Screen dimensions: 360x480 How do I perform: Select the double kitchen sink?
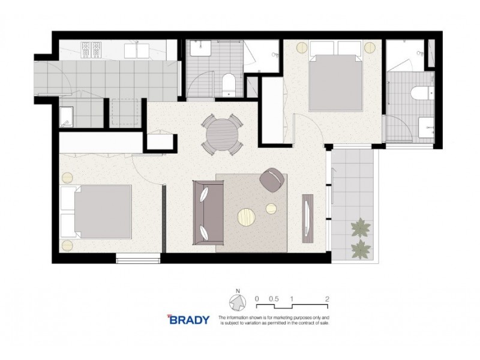click(138, 49)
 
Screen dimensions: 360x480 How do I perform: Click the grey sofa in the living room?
click(208, 212)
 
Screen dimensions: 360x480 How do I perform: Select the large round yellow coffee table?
click(247, 216)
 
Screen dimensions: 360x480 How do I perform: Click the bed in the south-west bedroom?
click(96, 211)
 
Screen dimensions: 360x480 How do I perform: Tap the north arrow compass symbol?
click(237, 302)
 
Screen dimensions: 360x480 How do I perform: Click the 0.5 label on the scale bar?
click(274, 298)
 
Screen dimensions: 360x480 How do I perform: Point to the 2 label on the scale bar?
click(327, 298)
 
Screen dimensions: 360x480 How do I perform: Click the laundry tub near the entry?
click(66, 116)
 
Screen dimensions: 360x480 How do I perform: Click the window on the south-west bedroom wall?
click(138, 259)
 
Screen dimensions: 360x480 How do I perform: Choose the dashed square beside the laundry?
click(126, 112)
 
